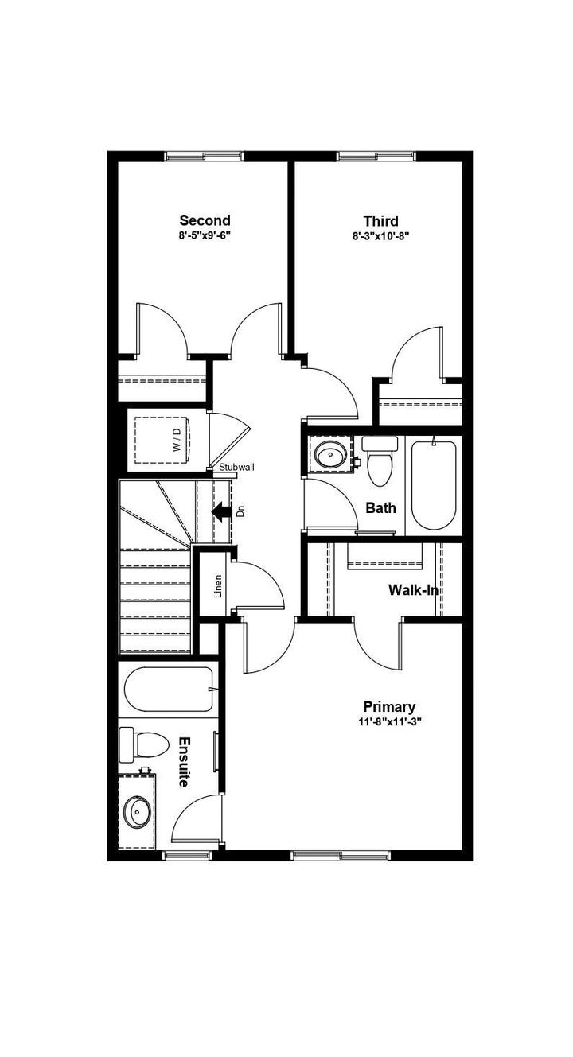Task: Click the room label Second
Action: [x=205, y=220]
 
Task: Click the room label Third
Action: [x=380, y=220]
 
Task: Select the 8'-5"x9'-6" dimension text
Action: [x=205, y=235]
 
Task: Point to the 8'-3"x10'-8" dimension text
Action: [x=380, y=235]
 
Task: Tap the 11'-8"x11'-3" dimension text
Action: [x=389, y=722]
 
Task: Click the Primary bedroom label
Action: [x=389, y=706]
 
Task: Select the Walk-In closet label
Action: [x=413, y=590]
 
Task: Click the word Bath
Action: [x=380, y=507]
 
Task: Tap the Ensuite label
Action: [x=183, y=761]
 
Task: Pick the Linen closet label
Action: [x=217, y=585]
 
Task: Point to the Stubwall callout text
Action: [x=236, y=468]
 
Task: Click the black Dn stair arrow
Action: [x=222, y=511]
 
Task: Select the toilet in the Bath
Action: [x=380, y=462]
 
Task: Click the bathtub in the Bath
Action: [x=434, y=484]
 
